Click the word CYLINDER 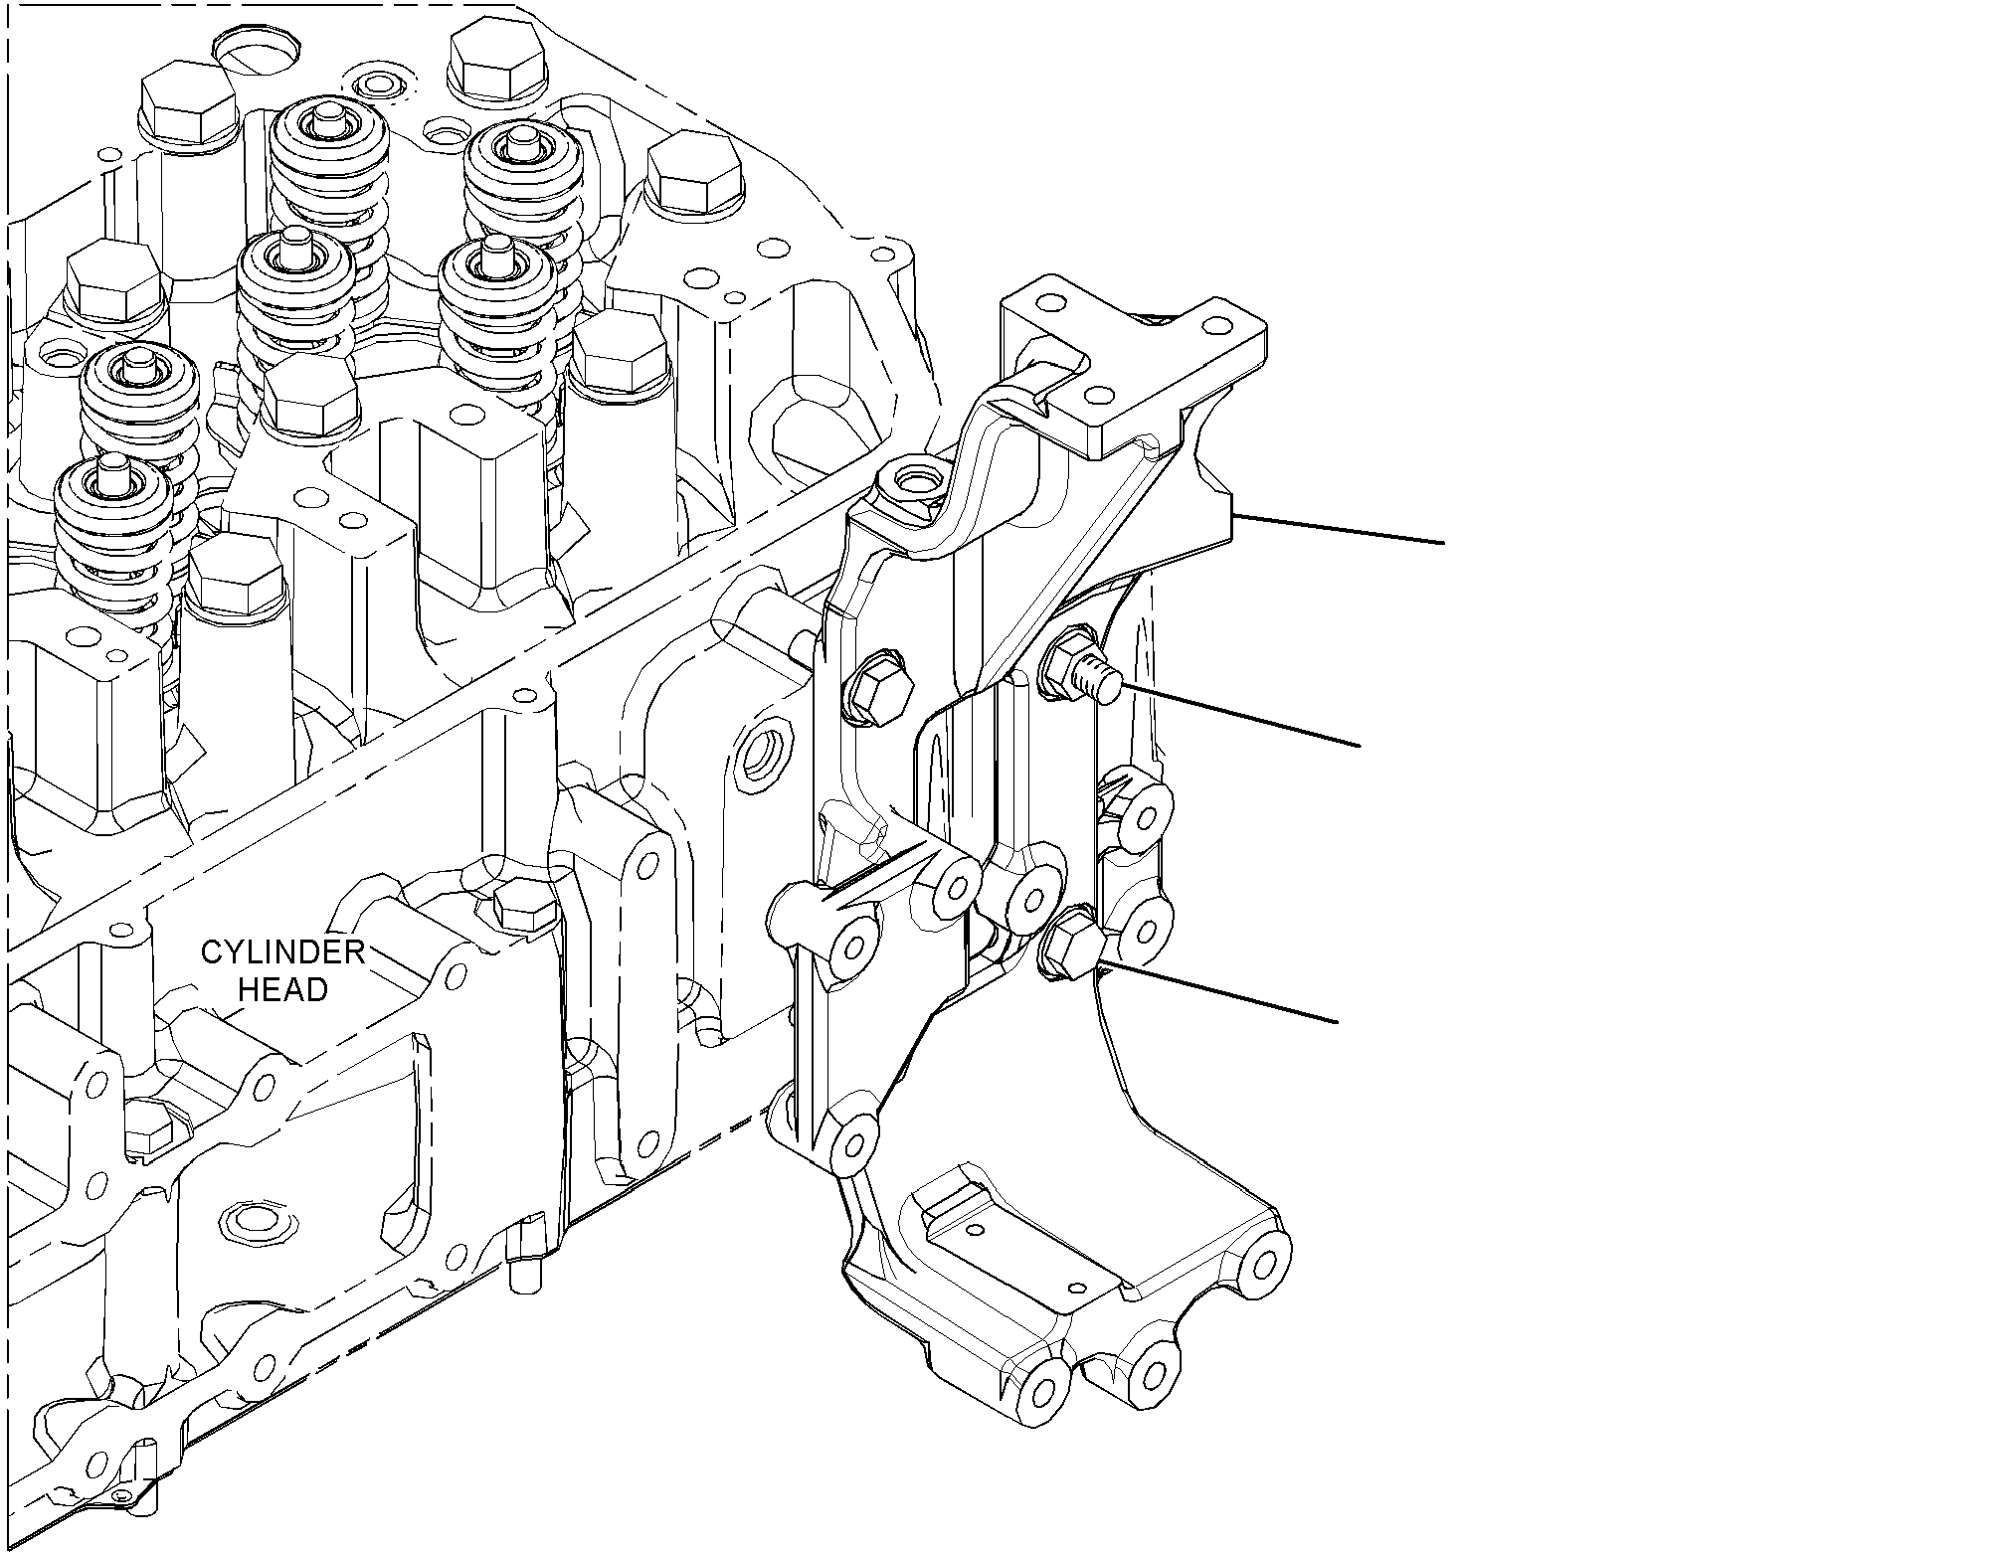coord(283,952)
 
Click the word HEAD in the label coord(282,990)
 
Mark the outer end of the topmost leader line coord(1443,543)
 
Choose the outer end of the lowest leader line coord(1338,1020)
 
